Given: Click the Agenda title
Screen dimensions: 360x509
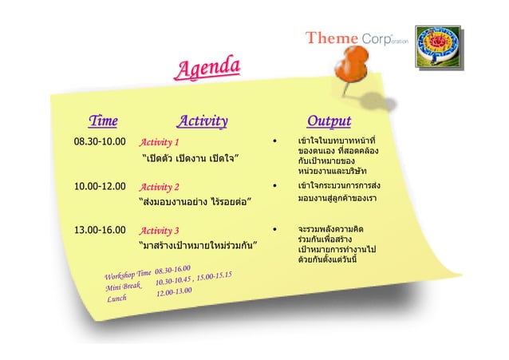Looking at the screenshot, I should [207, 69].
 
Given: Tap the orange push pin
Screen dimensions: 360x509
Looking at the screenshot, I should [354, 64].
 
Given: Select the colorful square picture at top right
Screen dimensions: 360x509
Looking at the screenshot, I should [438, 48].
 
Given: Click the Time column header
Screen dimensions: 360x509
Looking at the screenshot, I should [103, 121].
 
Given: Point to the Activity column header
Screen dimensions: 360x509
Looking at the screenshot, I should [202, 121].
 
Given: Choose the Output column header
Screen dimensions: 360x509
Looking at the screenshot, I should [329, 121].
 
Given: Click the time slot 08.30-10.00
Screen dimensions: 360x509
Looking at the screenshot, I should [100, 142].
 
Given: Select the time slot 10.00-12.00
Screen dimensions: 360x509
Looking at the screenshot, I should [100, 186].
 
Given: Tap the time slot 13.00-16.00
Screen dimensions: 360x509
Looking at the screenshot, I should [100, 230].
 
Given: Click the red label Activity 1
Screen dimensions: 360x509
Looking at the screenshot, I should [160, 143].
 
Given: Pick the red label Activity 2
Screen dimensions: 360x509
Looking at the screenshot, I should [160, 187].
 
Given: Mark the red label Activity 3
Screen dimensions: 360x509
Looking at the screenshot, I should [160, 231].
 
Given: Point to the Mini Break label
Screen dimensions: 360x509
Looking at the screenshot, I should [123, 287].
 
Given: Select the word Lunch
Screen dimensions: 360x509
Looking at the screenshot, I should [117, 299].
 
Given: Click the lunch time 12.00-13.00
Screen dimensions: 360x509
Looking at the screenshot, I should [174, 292].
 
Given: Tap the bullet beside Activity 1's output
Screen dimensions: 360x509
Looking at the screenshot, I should [275, 143].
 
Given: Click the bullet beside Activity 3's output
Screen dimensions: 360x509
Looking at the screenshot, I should [275, 230].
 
